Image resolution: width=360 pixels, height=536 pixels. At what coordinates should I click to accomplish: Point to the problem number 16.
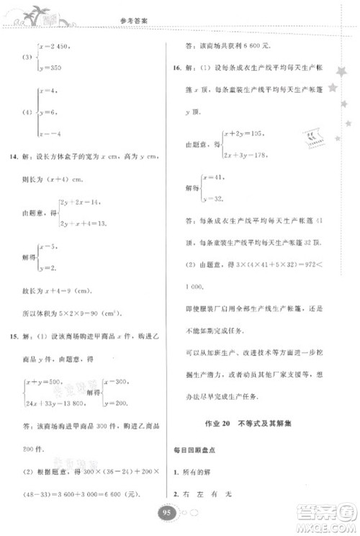(174, 70)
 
